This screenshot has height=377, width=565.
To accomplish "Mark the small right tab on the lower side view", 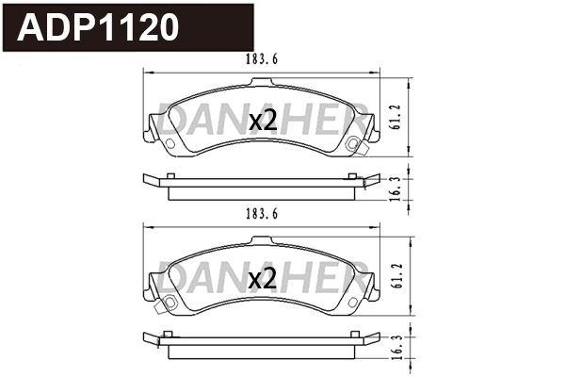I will (351, 334).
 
